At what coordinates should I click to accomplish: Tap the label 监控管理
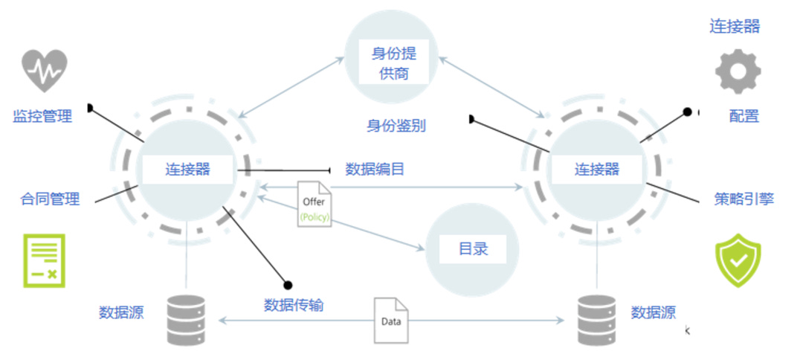(42, 116)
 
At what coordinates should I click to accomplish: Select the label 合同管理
(50, 199)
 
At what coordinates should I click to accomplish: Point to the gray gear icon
(738, 71)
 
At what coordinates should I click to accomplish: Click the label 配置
(744, 116)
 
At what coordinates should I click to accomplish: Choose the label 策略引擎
(744, 199)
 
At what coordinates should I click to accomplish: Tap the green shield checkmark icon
(738, 260)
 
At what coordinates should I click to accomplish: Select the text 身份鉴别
(396, 125)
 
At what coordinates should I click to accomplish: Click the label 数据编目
(375, 169)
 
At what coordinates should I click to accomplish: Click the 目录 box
(473, 248)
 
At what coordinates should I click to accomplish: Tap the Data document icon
(391, 321)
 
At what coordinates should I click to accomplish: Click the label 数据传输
(294, 304)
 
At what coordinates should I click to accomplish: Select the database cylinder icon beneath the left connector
(186, 321)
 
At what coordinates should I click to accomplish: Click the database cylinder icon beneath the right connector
(597, 321)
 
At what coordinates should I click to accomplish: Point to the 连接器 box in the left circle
(187, 169)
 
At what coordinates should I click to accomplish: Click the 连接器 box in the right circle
(596, 169)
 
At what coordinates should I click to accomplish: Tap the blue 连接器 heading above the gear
(735, 27)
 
